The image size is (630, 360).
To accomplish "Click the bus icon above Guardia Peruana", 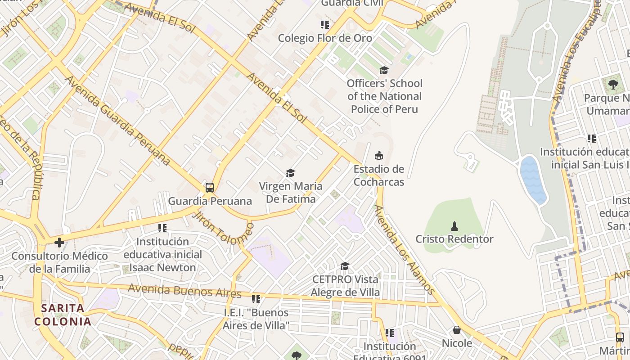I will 209,187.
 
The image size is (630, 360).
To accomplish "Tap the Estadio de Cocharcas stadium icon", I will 379,156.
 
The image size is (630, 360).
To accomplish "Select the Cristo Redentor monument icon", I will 454,225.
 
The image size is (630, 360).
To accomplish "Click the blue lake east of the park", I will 533,180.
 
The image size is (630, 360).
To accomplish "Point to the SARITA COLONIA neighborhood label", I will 63,315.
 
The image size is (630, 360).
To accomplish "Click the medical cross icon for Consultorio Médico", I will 59,243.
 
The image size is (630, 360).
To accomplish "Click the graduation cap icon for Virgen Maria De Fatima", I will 290,173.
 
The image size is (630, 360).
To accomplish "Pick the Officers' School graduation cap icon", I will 384,70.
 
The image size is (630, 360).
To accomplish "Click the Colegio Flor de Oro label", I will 325,38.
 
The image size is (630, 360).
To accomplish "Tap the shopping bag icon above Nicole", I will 457,330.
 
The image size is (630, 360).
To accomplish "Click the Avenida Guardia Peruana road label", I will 118,120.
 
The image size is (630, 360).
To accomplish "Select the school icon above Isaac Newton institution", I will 162,228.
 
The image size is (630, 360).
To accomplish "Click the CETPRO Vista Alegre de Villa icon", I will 345,266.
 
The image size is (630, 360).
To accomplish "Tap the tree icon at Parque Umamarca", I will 613,84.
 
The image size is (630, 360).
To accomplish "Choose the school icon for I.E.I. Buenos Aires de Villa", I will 256,299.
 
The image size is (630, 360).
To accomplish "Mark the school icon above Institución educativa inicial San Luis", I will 591,139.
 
